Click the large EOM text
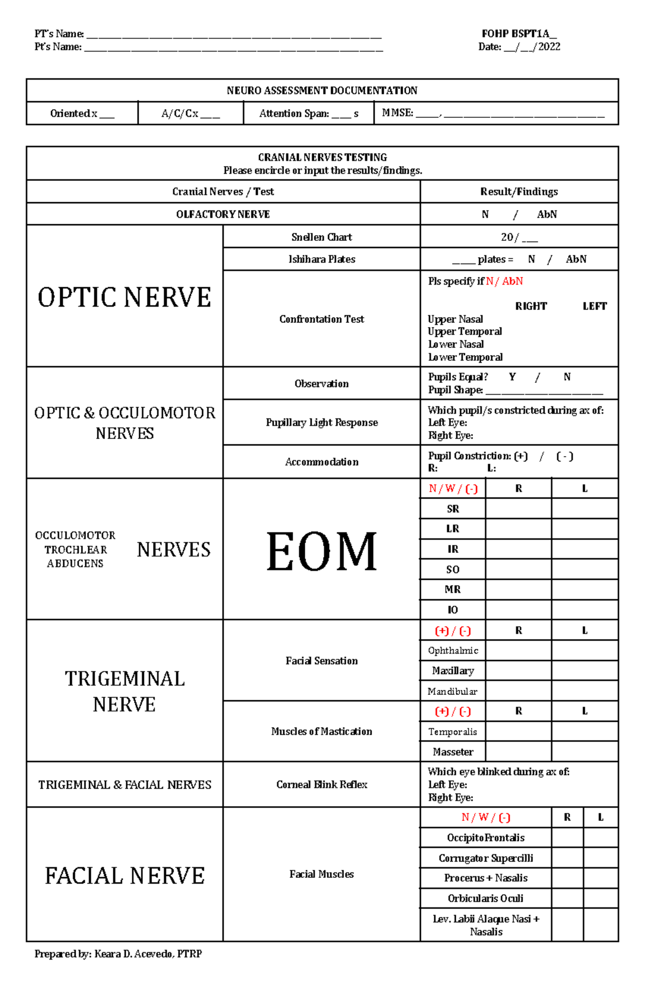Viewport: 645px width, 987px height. [321, 551]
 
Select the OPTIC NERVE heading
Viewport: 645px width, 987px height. [124, 297]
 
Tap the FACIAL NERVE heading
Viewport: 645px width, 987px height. [124, 875]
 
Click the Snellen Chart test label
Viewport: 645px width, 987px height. [321, 237]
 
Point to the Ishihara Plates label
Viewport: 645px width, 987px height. [321, 259]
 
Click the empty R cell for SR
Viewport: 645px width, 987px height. [518, 509]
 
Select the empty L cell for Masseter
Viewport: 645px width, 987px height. [585, 751]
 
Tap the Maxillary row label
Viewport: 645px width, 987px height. [453, 671]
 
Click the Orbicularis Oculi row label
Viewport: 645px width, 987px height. [485, 898]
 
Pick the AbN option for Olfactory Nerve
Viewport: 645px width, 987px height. [547, 214]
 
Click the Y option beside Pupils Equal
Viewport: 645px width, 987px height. [512, 377]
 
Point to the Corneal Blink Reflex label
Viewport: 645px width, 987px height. [321, 784]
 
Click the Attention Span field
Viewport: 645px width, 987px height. [309, 113]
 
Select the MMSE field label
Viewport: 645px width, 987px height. [398, 113]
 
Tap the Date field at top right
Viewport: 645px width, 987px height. [519, 47]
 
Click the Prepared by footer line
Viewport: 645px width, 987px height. [118, 954]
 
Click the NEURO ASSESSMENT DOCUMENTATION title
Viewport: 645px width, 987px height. [321, 90]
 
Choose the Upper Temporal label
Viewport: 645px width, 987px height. [464, 331]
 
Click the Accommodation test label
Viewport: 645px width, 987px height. [321, 461]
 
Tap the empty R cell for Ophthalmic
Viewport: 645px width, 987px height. [518, 650]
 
